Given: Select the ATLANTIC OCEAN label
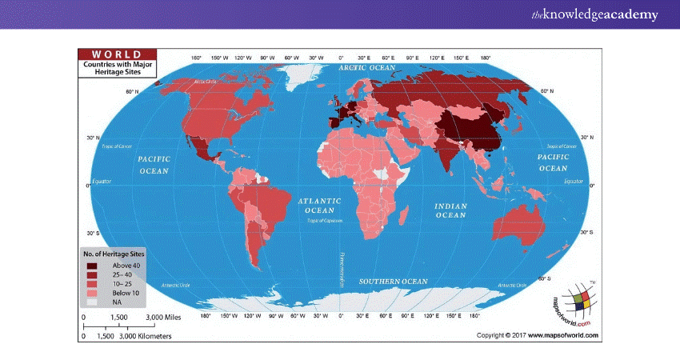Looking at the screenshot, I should point(318,206).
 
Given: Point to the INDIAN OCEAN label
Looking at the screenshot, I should point(450,210).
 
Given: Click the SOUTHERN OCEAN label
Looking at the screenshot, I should point(393,282).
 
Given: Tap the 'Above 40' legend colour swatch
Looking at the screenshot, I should point(93,265).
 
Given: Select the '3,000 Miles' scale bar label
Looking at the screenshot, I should point(162,318).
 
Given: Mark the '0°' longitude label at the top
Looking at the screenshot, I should point(341,58).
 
